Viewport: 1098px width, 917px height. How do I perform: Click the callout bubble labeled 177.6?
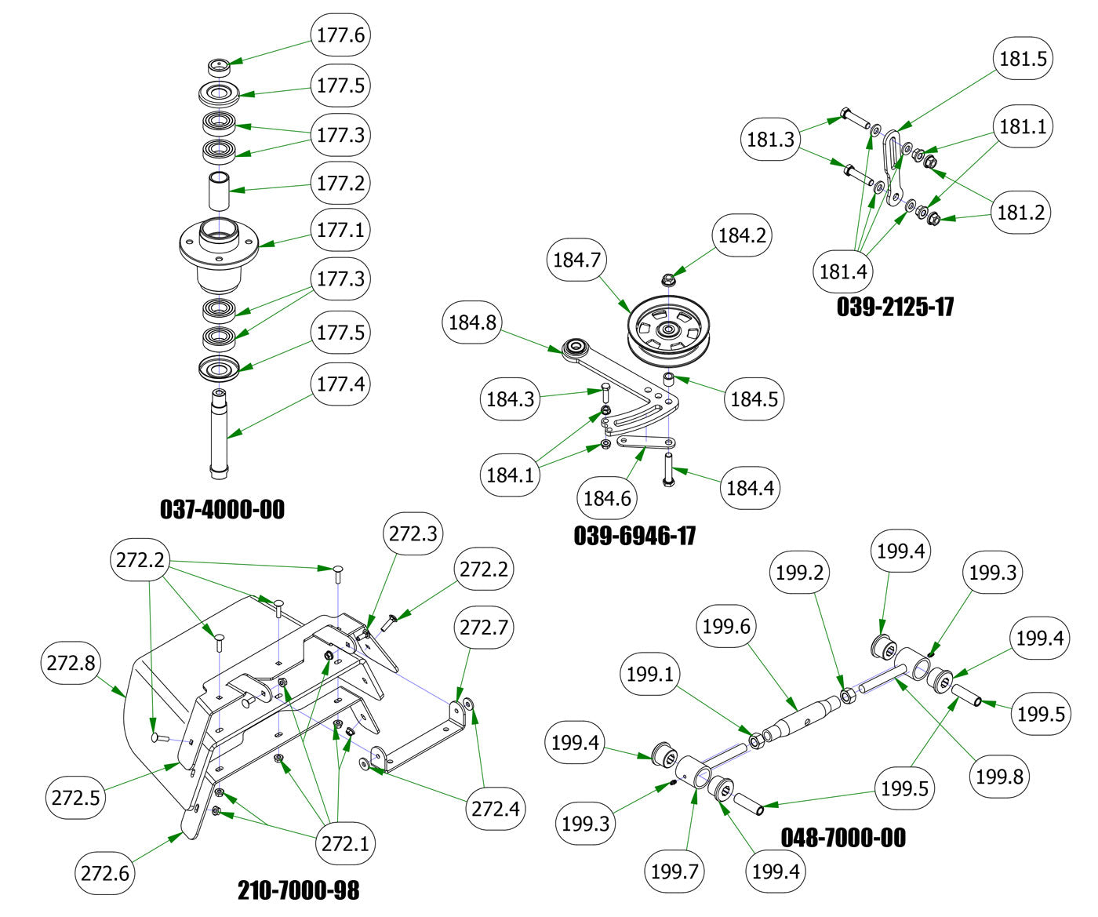coord(340,35)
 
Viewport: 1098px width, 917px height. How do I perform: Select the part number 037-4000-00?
coord(223,510)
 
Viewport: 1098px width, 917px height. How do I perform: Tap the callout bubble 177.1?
coord(340,230)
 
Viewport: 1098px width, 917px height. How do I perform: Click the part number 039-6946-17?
coord(634,536)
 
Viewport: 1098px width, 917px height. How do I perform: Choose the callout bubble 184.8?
coord(472,322)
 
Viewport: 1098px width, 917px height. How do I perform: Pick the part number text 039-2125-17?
coord(895,306)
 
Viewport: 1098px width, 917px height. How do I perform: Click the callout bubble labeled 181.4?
coord(843,271)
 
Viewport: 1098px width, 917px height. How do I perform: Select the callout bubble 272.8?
coord(71,663)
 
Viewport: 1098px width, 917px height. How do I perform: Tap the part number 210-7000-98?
coord(299,890)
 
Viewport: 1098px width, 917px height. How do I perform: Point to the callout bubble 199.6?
coord(726,626)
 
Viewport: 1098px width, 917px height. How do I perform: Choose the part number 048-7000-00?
coord(843,838)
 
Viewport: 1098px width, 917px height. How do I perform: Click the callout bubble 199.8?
coord(999,777)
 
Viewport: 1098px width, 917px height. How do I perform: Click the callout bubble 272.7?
coord(483,628)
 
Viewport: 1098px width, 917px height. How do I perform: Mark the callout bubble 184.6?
coord(607,498)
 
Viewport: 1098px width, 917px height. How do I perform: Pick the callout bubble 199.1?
coord(649,674)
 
